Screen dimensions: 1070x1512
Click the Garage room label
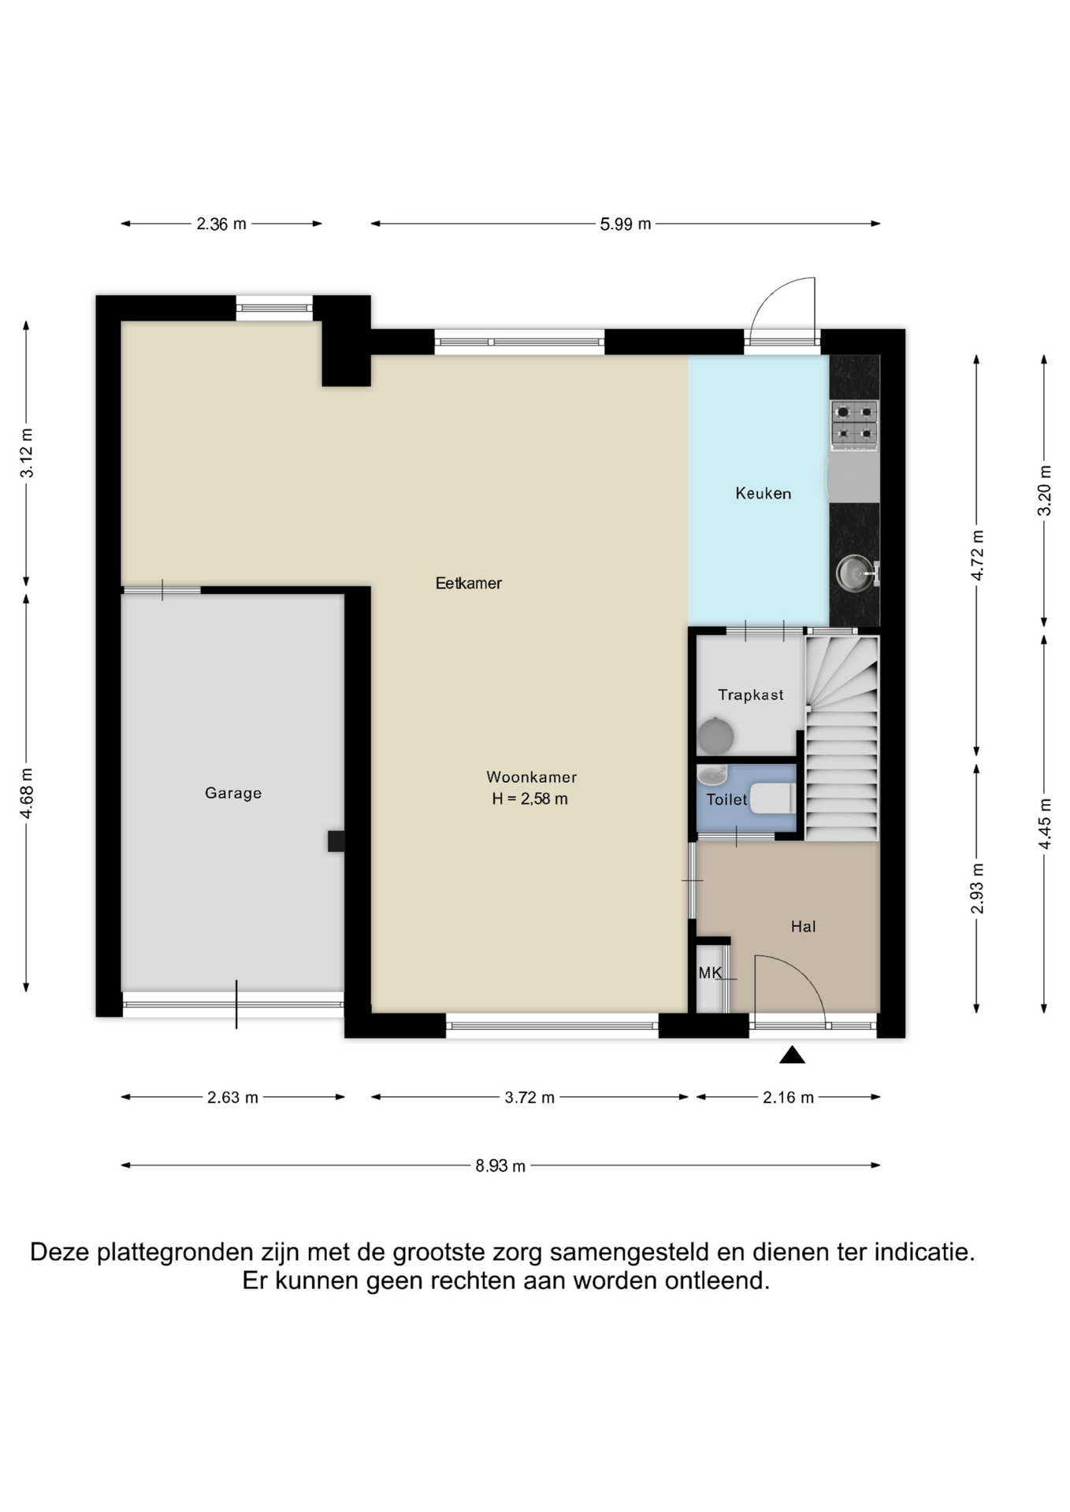point(233,793)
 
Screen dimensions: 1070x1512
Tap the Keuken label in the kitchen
point(763,494)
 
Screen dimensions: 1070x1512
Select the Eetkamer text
point(469,584)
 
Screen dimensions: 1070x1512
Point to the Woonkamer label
point(531,777)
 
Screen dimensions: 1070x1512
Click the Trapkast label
point(751,695)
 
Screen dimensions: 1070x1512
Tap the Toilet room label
point(726,800)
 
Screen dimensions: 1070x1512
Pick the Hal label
point(803,927)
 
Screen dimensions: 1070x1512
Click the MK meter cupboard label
point(710,973)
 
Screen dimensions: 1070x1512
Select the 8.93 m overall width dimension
point(500,1165)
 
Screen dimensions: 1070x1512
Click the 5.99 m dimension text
point(626,224)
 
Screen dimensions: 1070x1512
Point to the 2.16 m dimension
point(788,1097)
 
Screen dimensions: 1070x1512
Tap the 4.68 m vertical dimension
point(27,793)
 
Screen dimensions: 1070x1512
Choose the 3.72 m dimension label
point(529,1097)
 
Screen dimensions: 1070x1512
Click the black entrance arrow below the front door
point(792,1055)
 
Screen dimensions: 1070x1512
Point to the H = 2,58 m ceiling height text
point(529,799)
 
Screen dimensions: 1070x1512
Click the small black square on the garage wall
point(336,841)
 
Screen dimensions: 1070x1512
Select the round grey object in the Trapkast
point(716,737)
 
